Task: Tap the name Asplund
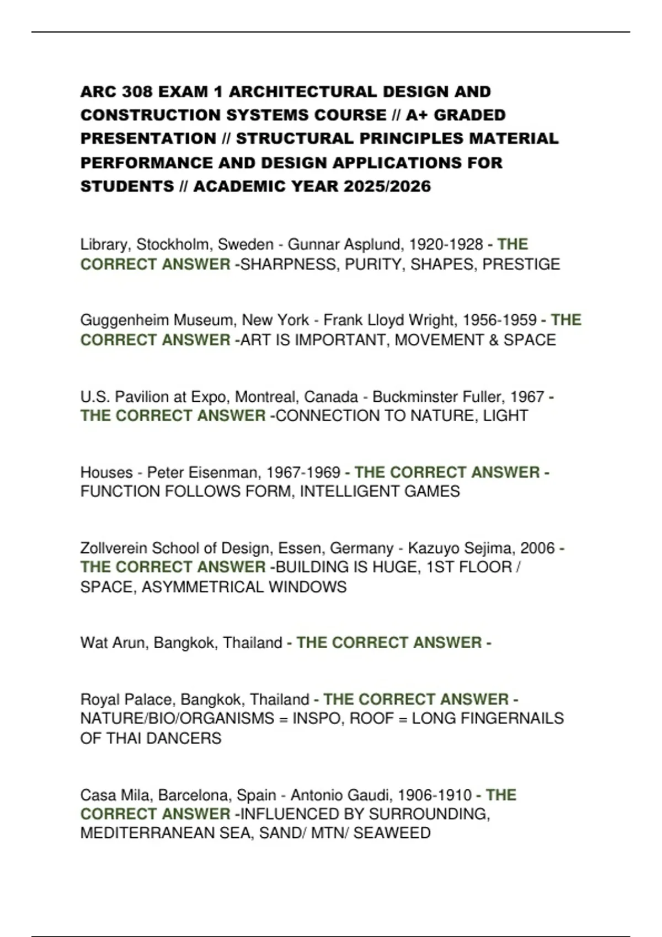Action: (x=373, y=244)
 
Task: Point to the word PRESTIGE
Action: (x=521, y=265)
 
